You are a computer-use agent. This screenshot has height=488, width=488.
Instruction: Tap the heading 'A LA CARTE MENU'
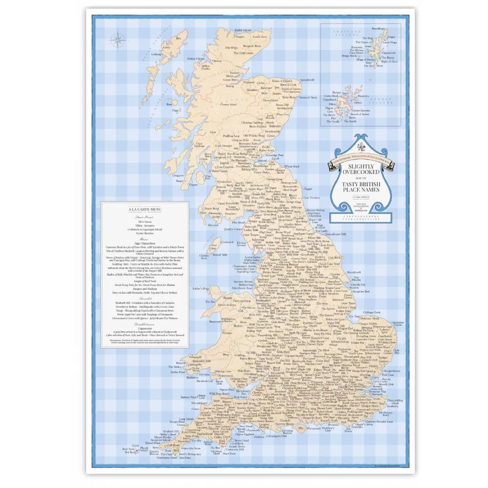coord(144,210)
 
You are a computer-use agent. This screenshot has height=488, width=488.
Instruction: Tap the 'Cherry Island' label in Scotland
coord(215,104)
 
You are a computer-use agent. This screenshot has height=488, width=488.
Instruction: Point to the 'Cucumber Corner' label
coord(398,323)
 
